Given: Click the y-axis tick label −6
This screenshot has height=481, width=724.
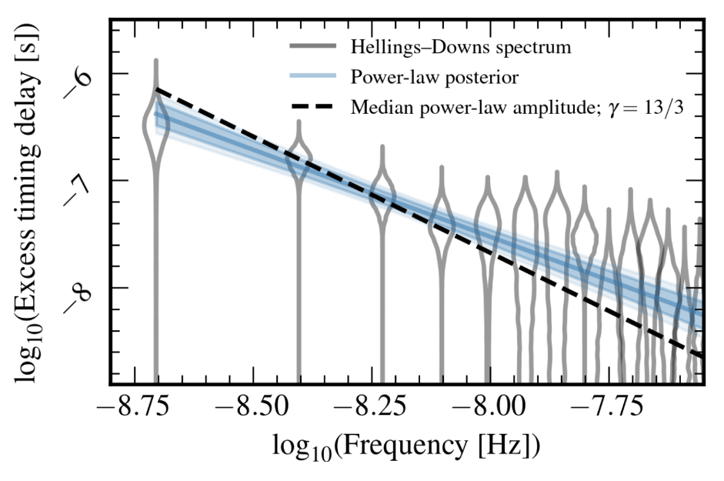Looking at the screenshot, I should tap(82, 78).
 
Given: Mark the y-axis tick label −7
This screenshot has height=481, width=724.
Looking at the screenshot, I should tap(82, 185).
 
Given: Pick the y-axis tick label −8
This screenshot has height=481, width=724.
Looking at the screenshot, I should tap(82, 292).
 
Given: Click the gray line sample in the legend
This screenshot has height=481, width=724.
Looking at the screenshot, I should tap(314, 48).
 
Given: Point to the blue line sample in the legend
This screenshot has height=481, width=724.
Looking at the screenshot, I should tap(314, 77).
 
